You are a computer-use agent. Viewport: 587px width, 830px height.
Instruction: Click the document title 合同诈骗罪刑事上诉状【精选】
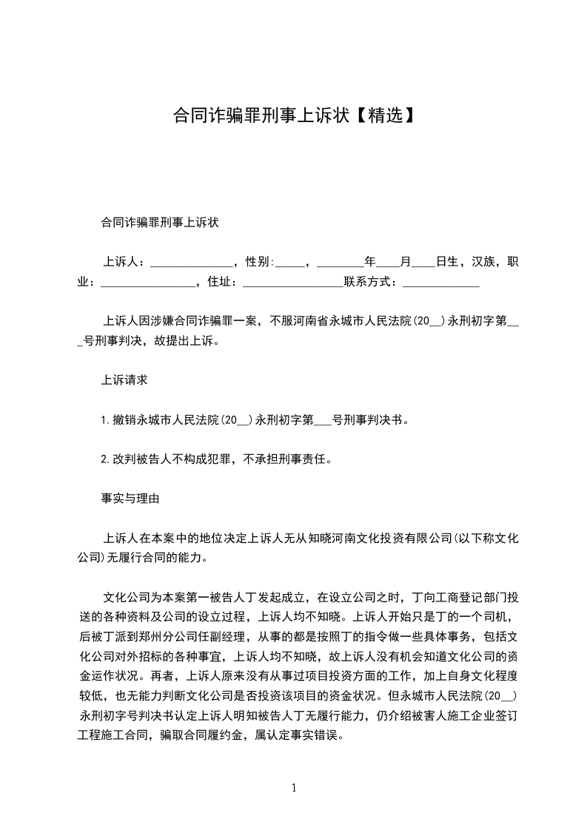pos(293,116)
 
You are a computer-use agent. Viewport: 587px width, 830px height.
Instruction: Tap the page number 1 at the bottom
pos(294,787)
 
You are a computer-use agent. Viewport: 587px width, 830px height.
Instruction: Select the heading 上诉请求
pos(124,380)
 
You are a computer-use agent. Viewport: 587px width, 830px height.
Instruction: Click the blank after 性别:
pos(289,263)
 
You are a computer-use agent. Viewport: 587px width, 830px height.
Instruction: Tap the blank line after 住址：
pos(292,283)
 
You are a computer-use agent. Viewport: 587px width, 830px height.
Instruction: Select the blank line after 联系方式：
pos(441,283)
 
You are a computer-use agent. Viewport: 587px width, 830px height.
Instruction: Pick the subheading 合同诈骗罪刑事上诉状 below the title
pos(159,223)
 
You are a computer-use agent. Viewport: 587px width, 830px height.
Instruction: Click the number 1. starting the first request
pos(106,419)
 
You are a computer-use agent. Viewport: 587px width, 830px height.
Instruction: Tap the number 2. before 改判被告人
pos(106,459)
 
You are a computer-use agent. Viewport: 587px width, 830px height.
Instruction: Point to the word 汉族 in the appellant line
pos(483,262)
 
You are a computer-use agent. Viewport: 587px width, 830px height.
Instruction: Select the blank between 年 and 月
pos(388,263)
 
